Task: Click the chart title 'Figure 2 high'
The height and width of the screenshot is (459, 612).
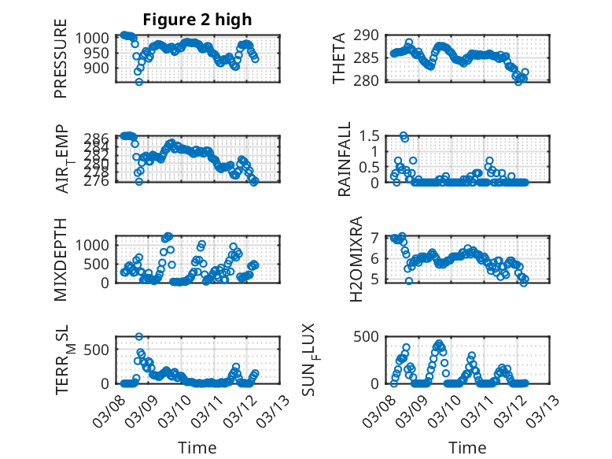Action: (197, 20)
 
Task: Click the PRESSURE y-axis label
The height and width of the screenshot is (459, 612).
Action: (61, 65)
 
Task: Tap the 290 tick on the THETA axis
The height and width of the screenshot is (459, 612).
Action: (370, 35)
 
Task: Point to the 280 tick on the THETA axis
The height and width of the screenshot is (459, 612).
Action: (370, 80)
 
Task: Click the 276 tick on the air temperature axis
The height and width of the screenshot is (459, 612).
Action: (99, 181)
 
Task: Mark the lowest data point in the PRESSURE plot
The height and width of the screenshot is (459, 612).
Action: (139, 82)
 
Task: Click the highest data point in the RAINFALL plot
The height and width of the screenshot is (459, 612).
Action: (404, 135)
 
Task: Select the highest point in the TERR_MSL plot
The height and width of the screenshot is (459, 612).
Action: (139, 337)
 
